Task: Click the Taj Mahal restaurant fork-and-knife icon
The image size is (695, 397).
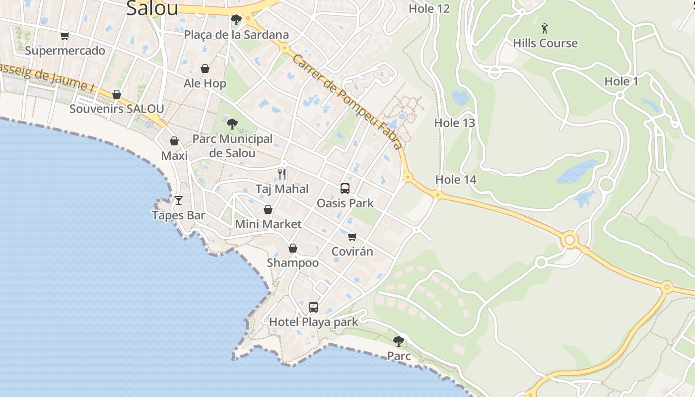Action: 282,174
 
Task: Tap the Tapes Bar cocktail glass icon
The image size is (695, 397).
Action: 179,200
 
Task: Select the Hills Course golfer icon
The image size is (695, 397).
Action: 545,28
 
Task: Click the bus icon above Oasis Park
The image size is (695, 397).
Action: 345,189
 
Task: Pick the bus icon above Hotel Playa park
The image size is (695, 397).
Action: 313,307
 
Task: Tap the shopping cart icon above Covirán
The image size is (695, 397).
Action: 352,237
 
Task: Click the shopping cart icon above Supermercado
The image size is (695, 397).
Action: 65,36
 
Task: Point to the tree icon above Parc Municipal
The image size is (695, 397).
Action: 232,124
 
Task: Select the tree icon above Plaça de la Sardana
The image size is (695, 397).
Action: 236,20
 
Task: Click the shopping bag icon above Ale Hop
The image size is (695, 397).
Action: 205,68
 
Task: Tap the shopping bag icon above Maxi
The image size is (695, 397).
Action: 174,141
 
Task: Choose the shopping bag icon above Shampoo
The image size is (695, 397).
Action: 293,248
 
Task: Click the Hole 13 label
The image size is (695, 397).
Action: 455,123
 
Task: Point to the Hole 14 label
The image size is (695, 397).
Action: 456,180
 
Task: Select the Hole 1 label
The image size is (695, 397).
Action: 621,81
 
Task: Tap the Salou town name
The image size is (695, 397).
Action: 152,8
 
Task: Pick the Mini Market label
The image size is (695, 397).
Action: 268,224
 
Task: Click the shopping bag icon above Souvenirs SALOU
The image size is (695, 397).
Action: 117,94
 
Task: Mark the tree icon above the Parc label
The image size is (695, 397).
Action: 398,341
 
